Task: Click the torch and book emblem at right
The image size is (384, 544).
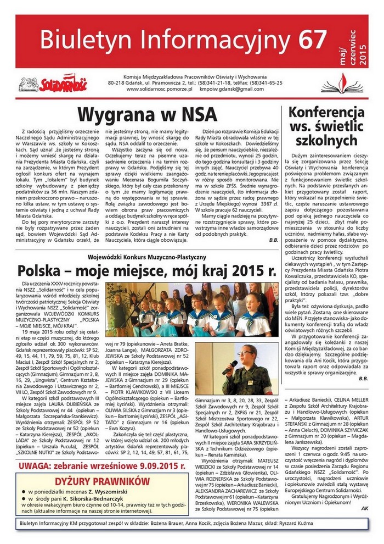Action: tap(352, 82)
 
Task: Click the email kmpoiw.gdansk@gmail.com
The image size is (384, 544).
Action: tap(232, 89)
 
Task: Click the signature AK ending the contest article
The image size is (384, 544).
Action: tap(365, 508)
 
